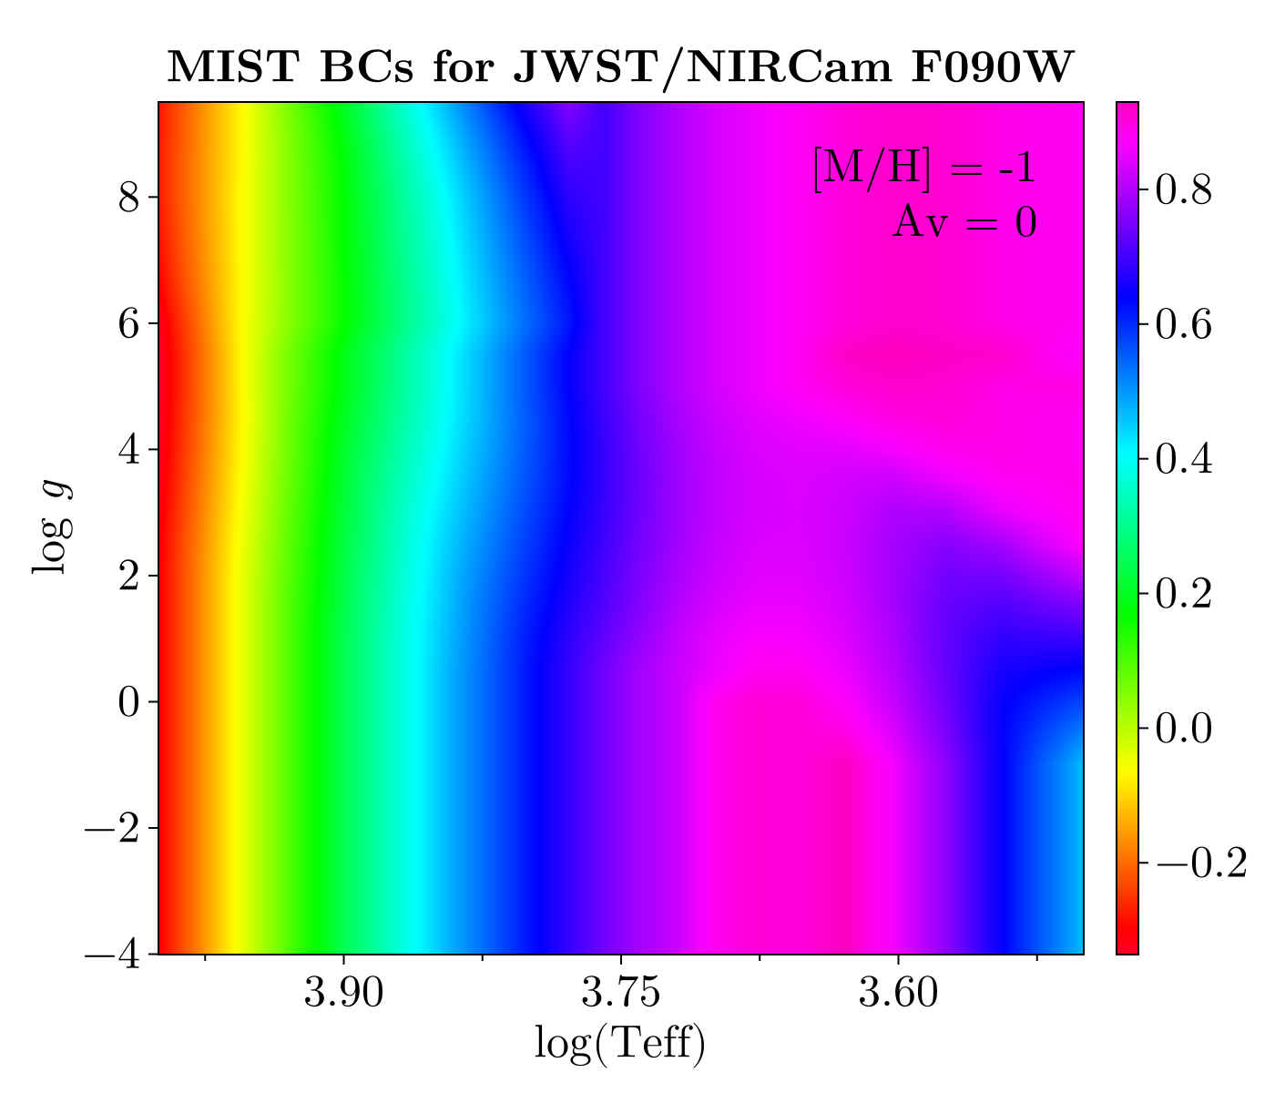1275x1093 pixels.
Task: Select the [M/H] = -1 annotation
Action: [x=923, y=170]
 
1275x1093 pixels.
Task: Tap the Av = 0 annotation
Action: [x=964, y=221]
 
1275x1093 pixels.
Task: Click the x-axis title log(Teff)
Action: [x=619, y=1044]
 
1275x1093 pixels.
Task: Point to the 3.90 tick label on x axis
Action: [x=343, y=993]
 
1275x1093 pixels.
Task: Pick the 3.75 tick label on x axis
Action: [x=621, y=993]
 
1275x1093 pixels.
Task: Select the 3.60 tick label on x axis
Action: [x=898, y=993]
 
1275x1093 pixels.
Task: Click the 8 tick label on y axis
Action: [x=128, y=198]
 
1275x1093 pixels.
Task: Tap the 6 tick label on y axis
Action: [x=128, y=323]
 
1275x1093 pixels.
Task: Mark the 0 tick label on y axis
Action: [x=128, y=702]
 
